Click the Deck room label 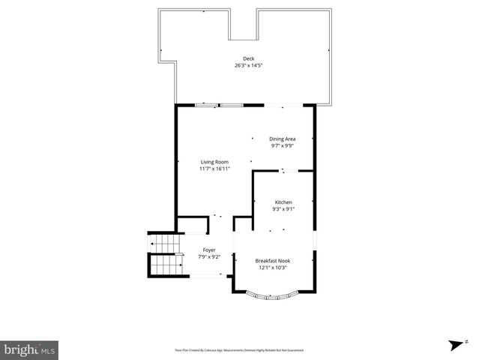point(248,59)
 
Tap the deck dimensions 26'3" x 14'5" point(248,66)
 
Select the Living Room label point(214,162)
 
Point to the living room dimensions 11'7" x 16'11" point(214,169)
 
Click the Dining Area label point(283,139)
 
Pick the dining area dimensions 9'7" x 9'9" point(283,145)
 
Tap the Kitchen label point(283,202)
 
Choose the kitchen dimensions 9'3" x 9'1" point(283,209)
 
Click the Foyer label point(209,250)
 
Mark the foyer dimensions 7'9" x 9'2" point(209,256)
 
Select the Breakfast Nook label point(273,261)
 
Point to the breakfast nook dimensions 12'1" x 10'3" point(273,268)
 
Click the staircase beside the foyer point(166,256)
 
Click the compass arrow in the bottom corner point(454,345)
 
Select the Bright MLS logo point(30,349)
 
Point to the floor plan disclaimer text point(239,349)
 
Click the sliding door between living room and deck point(219,105)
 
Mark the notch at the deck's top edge point(243,25)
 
